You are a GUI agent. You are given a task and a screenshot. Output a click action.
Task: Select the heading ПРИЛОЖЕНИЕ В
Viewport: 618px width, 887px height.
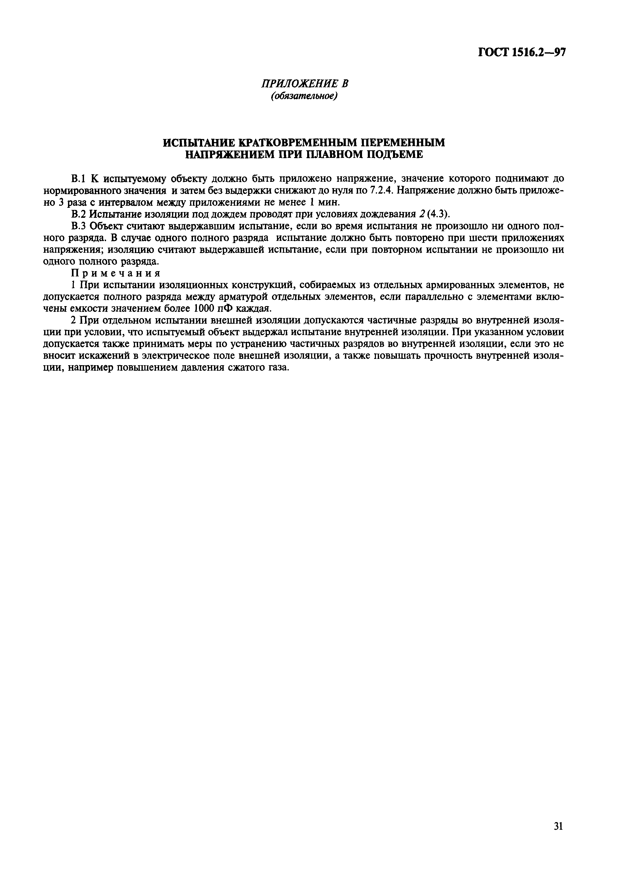coord(305,84)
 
